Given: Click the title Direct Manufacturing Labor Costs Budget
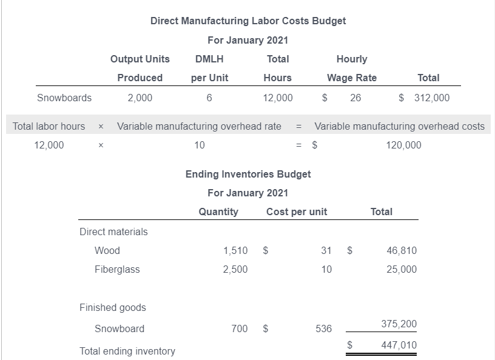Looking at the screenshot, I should (x=247, y=21).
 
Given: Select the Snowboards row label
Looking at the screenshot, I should (x=64, y=98).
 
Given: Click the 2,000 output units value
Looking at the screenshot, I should (x=140, y=98).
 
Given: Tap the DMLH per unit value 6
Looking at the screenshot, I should (x=209, y=98).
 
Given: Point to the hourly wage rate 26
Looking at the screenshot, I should (x=355, y=98).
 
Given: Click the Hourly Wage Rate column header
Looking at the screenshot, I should (x=352, y=68).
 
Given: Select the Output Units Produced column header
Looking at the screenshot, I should (x=140, y=68).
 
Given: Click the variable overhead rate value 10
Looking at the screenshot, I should (x=199, y=145).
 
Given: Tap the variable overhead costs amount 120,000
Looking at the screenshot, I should (x=403, y=145).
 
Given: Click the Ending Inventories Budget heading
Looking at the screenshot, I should (x=247, y=174).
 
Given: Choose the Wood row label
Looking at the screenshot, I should (x=107, y=250).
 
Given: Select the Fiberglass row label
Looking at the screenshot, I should (x=117, y=269).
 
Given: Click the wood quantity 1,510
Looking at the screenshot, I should (x=235, y=250).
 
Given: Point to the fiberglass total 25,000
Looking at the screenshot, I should (x=402, y=269).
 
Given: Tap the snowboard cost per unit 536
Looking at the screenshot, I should (x=324, y=328).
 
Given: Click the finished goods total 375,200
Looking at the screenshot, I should (x=399, y=324).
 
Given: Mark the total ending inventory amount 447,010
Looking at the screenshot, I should (x=399, y=345).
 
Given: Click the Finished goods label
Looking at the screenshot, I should (x=113, y=307).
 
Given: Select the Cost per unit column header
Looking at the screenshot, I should (x=297, y=212).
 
